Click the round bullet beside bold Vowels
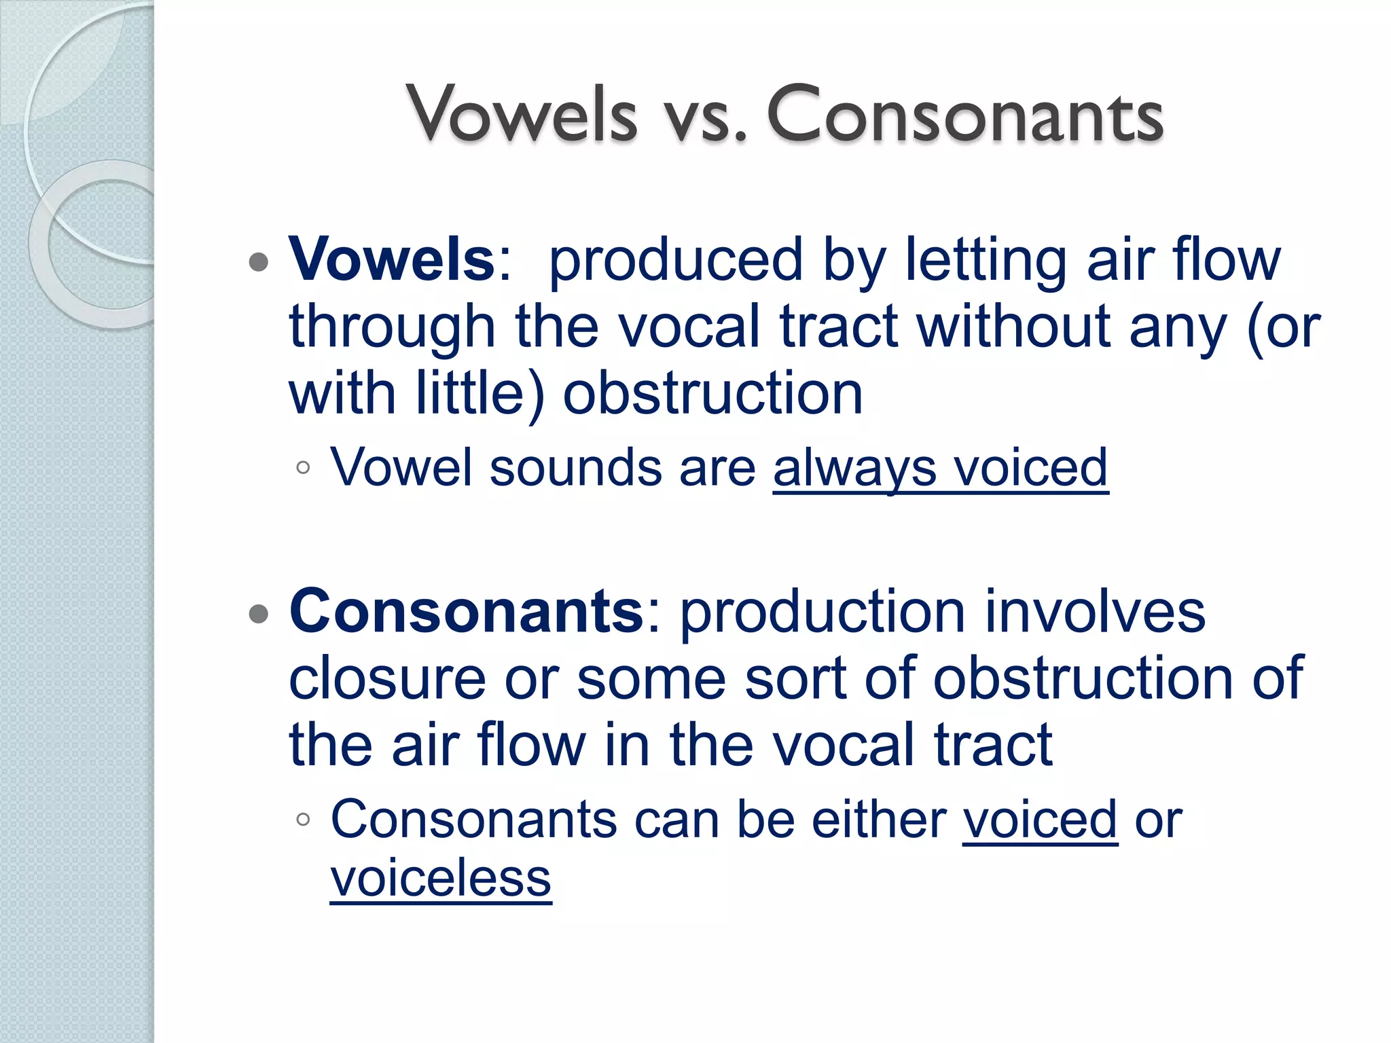point(259,262)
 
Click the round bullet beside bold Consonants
point(259,615)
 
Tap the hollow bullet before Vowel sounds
point(304,467)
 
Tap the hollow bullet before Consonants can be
point(304,820)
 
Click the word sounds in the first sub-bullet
point(575,469)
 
